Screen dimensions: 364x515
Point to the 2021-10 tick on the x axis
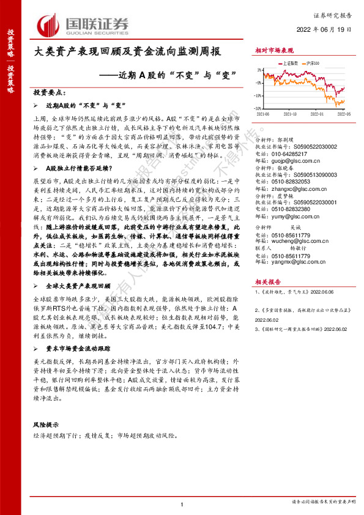click(x=290, y=114)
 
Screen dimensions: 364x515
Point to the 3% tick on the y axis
click(x=259, y=69)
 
